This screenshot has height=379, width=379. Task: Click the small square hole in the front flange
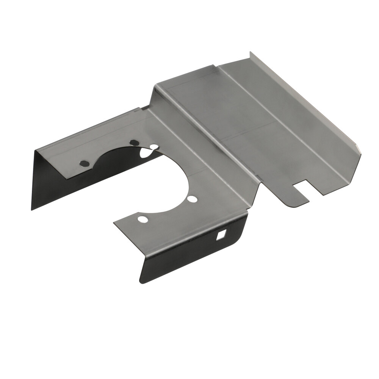click(221, 236)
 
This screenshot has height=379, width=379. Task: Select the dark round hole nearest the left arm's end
click(84, 163)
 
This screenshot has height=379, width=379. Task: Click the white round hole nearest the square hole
click(192, 199)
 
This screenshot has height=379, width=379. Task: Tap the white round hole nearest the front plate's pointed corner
click(143, 219)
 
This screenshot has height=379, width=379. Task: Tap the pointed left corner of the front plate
click(114, 223)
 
